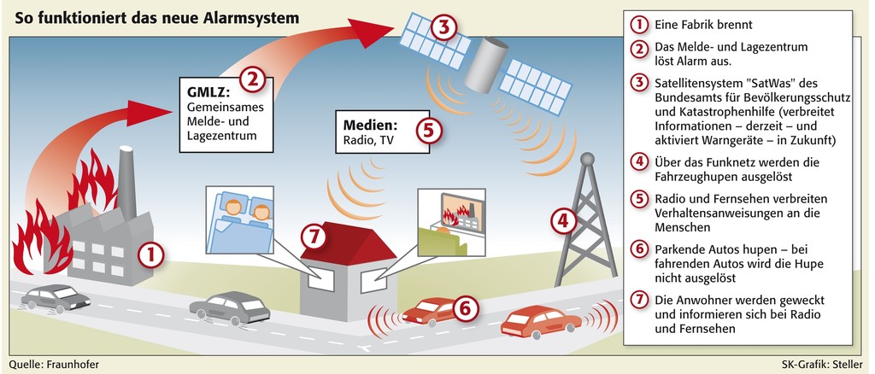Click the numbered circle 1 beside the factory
(x=150, y=254)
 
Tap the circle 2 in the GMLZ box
(x=250, y=80)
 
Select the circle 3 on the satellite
(x=441, y=26)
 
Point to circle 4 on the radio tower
(x=562, y=222)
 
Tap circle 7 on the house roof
(x=316, y=234)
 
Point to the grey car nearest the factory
(x=56, y=297)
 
